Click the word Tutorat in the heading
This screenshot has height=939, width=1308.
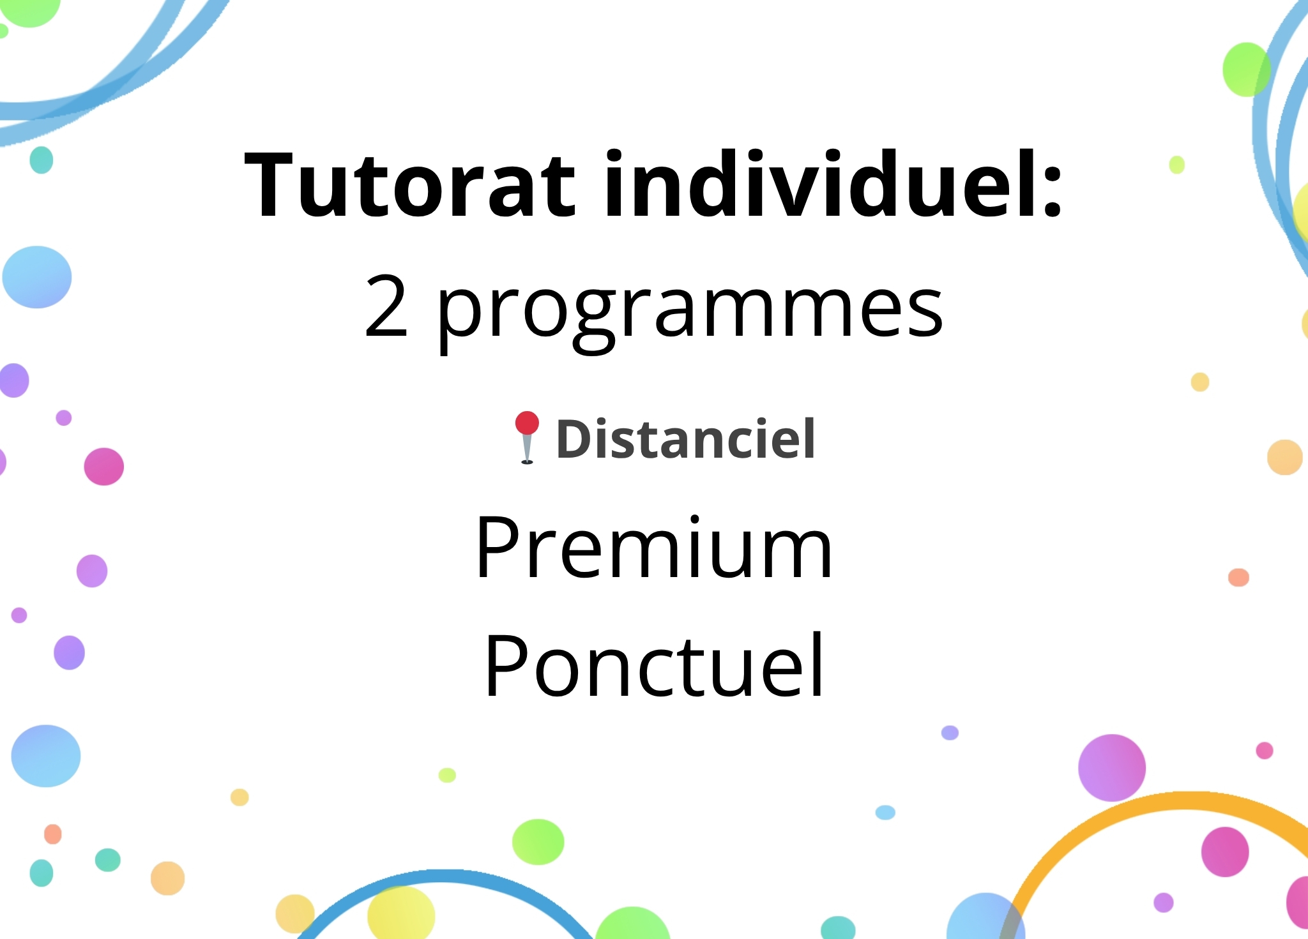410,185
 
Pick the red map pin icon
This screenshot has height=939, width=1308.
527,437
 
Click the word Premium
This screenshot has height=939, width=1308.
654,547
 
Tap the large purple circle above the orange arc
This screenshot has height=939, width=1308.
1112,768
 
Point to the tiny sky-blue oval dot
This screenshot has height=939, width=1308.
885,813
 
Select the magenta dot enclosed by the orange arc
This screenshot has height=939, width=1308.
1225,852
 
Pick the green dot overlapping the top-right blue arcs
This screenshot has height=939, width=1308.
1247,70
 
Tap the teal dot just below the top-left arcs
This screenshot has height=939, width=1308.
42,160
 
